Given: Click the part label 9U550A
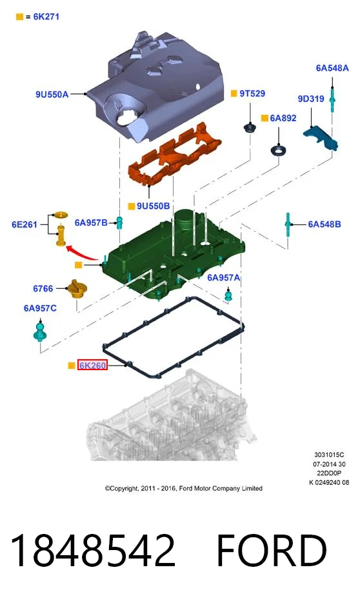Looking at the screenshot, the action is click(52, 94).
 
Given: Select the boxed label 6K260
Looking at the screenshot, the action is click(92, 365).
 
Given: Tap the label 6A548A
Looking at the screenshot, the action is click(332, 68).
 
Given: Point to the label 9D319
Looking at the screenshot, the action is click(311, 99).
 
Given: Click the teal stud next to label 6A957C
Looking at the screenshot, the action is click(40, 332).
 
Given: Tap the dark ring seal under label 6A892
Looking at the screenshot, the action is click(278, 150).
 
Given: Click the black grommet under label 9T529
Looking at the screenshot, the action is click(250, 127).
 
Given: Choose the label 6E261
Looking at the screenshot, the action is click(24, 224).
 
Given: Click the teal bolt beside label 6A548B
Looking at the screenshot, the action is click(288, 224).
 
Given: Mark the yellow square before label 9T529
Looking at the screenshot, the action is click(234, 94).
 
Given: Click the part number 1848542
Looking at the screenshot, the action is click(93, 550).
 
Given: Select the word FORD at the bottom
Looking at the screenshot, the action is click(272, 550).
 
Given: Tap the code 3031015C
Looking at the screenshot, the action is click(329, 455).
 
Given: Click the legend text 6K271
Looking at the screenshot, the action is click(46, 17).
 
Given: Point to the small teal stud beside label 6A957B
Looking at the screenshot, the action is click(119, 222).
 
